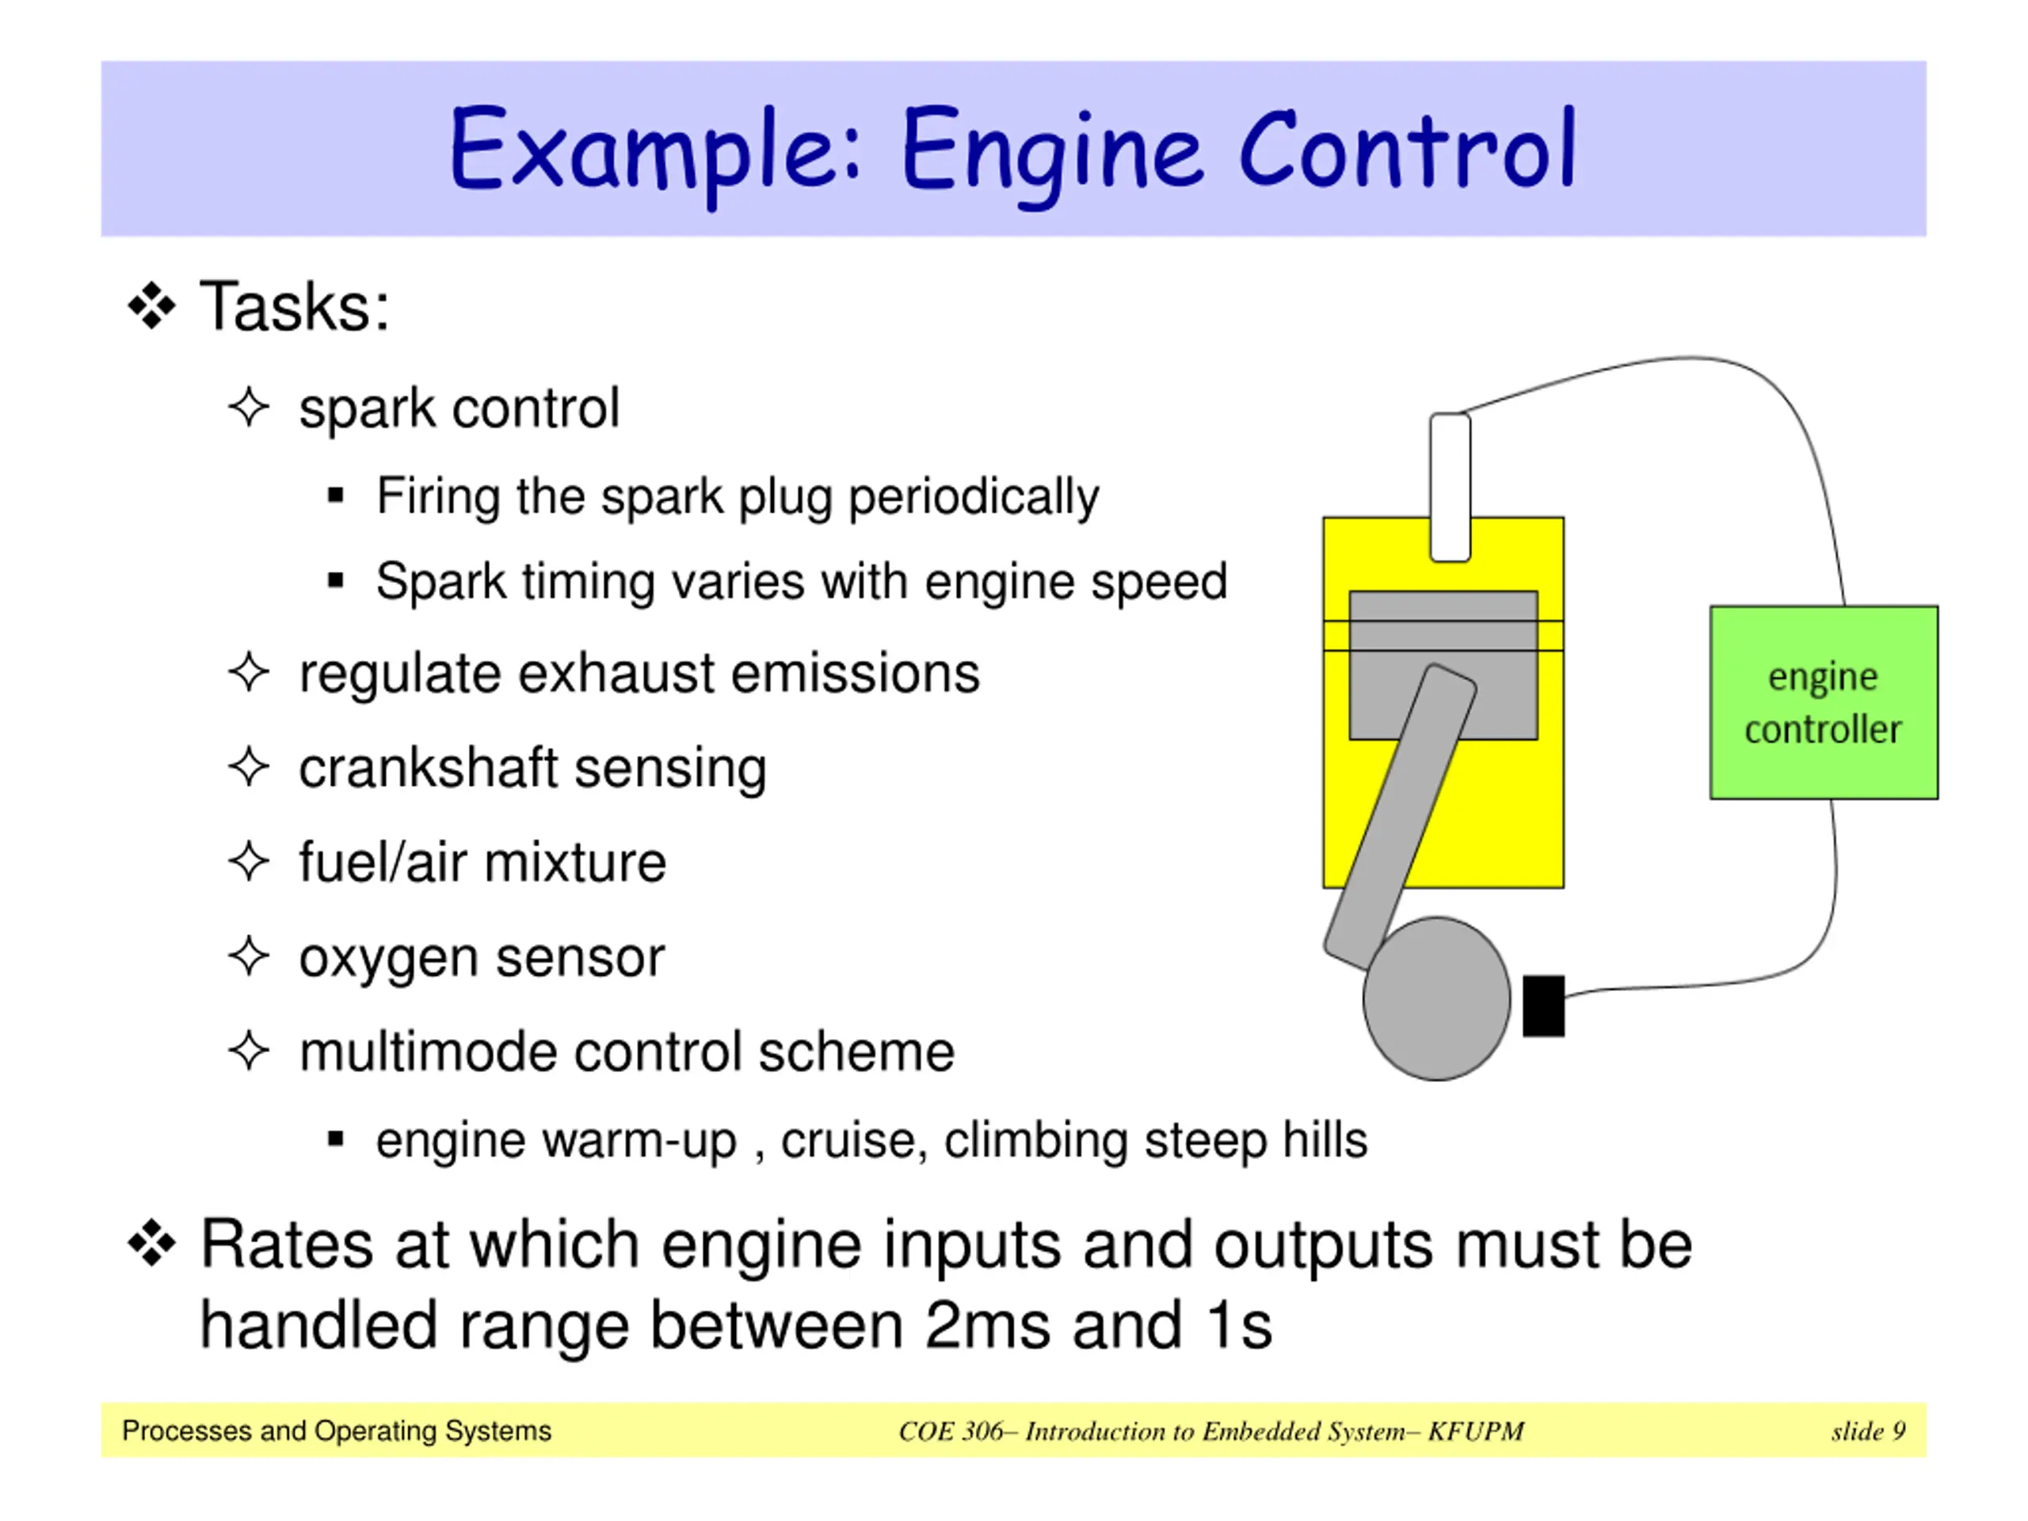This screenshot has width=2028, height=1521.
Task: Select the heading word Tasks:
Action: (x=295, y=307)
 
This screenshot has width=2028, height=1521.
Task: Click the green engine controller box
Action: (x=1824, y=703)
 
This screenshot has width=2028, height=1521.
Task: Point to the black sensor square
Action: (x=1544, y=1006)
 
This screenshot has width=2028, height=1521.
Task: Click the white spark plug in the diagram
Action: (x=1450, y=487)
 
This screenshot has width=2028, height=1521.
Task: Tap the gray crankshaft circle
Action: (x=1437, y=998)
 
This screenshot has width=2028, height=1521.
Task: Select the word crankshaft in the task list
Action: (x=429, y=768)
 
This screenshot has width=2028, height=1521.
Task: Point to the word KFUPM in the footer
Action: (x=1476, y=1431)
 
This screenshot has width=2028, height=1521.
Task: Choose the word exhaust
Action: (x=616, y=674)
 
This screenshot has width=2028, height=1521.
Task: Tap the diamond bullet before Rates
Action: (x=152, y=1244)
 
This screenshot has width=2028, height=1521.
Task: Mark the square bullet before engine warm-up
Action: (x=336, y=1140)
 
